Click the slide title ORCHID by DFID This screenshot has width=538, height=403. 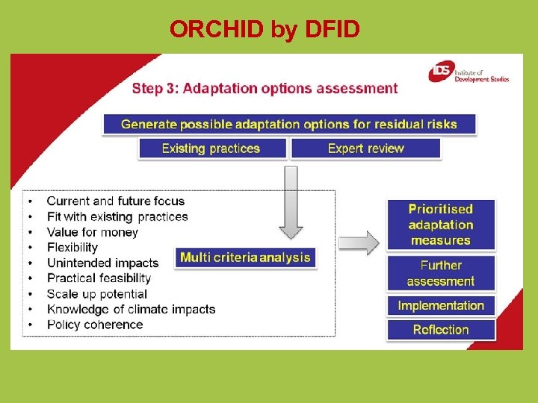point(265,29)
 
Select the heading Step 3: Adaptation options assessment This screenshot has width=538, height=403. point(265,89)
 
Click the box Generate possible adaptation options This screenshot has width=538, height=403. point(288,124)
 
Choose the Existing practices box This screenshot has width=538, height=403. point(211,148)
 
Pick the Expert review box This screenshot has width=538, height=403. point(365,148)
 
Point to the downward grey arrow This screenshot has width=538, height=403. point(291,201)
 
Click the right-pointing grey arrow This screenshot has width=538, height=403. point(359,243)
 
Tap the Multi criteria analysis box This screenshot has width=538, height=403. point(245,257)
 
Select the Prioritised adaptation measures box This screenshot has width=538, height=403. point(440,225)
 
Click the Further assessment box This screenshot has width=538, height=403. point(440,273)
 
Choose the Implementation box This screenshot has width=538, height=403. point(440,305)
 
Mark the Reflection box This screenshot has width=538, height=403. point(440,329)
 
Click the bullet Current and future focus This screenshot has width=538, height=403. point(115,201)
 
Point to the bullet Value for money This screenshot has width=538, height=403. point(92,232)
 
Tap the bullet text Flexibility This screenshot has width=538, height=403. point(72,247)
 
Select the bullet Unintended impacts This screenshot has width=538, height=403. point(102,263)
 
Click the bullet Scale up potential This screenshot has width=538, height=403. point(96,294)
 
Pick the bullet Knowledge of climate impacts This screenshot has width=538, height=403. point(131,309)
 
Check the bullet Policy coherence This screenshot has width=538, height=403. point(94,325)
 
